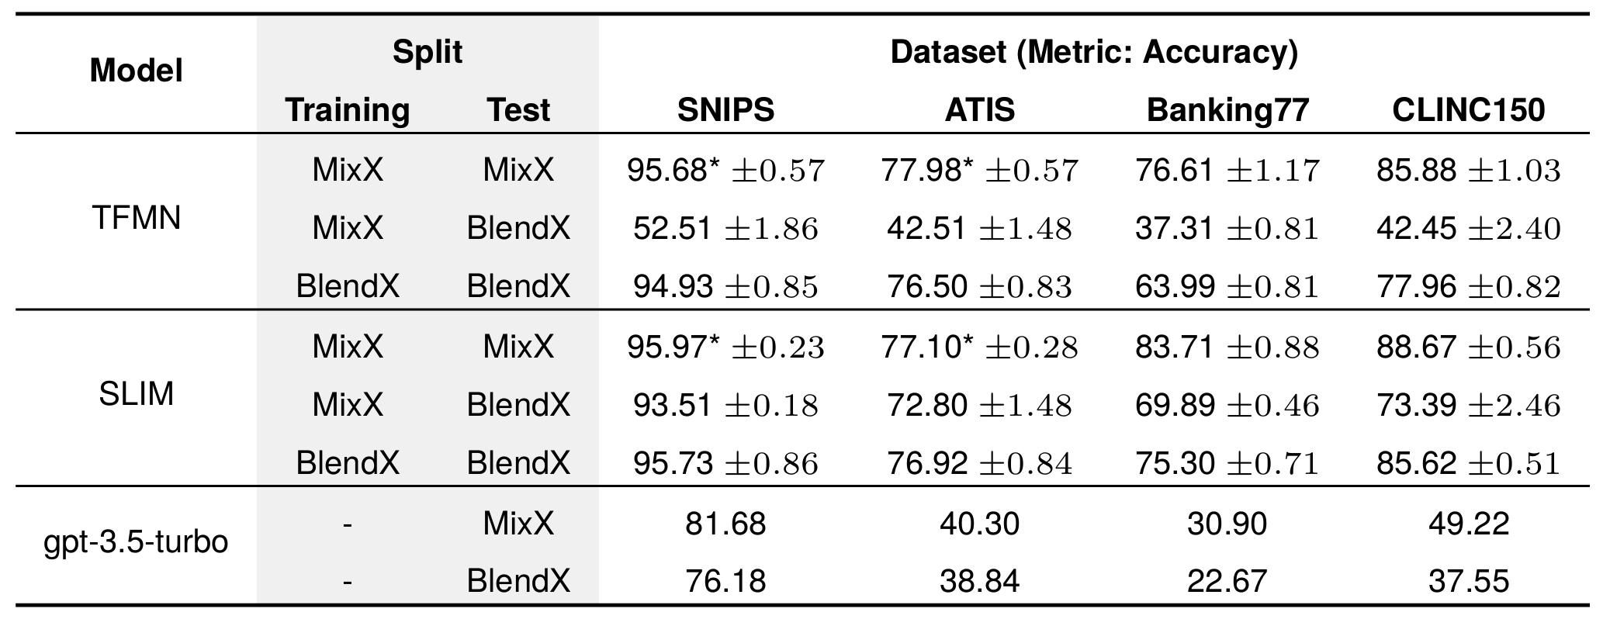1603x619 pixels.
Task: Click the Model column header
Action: tap(137, 71)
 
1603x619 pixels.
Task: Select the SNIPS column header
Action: tap(725, 110)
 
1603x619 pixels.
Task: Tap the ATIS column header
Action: tap(979, 110)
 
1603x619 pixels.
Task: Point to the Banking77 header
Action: tap(1227, 110)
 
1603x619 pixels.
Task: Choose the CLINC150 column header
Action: tap(1468, 110)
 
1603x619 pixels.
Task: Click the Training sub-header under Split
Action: tap(348, 110)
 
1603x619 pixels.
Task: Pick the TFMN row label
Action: tap(137, 219)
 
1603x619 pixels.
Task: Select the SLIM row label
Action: tap(137, 395)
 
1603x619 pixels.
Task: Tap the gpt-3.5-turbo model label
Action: tap(137, 541)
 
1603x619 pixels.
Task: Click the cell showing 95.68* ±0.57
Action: tap(725, 170)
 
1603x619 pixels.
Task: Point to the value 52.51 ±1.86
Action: tap(725, 228)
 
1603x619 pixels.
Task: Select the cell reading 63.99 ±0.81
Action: tap(1227, 287)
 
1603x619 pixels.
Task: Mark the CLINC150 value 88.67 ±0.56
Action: tap(1468, 346)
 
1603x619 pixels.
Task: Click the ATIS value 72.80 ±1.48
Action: tap(979, 405)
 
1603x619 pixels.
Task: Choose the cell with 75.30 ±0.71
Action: tap(1227, 463)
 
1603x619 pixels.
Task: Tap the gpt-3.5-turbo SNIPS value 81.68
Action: tap(725, 524)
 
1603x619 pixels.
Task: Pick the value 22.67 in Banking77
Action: tap(1227, 581)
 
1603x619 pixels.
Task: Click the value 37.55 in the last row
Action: tap(1468, 581)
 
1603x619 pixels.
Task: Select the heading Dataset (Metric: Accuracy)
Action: tap(1094, 52)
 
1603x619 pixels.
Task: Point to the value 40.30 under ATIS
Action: tap(979, 524)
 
